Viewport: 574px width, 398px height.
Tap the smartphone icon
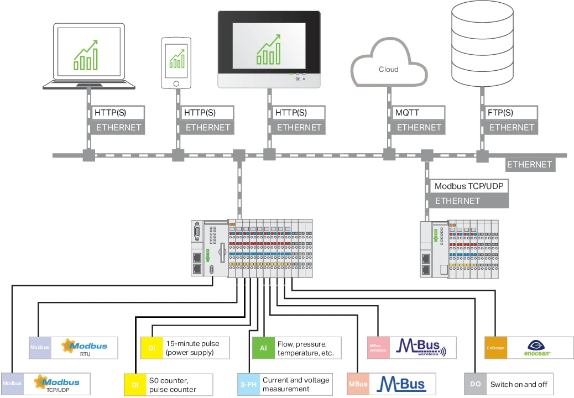176,62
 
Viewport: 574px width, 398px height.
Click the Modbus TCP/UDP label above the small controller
468,186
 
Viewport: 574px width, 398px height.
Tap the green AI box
263,348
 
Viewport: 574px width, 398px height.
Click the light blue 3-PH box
248,384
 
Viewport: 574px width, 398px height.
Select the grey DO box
475,384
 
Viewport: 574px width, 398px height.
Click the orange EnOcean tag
495,348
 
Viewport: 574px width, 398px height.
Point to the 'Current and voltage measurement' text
296,384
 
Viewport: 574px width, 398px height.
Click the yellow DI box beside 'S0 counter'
135,385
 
